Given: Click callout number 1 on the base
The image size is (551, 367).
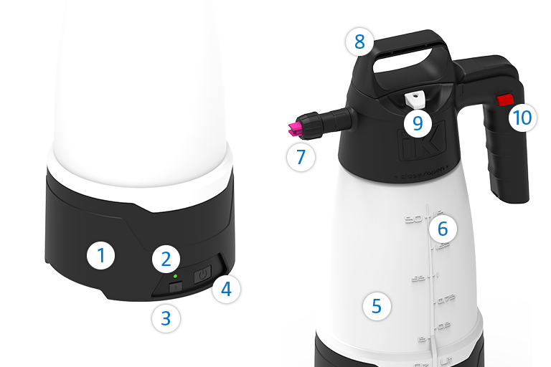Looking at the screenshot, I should tap(101, 255).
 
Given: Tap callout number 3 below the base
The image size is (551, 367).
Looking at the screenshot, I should tap(166, 317).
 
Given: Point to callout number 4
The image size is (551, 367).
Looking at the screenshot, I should tap(226, 290).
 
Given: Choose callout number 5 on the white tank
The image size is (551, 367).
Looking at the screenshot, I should tap(377, 306).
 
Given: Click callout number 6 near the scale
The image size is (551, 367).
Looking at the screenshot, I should tap(443, 229).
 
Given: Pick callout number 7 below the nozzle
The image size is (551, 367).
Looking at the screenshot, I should tap(301, 157).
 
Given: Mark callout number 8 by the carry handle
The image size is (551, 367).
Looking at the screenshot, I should tap(359, 42).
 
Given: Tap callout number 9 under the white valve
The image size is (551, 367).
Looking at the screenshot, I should tap(418, 123).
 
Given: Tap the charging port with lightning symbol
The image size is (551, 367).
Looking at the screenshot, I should tap(176, 287).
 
